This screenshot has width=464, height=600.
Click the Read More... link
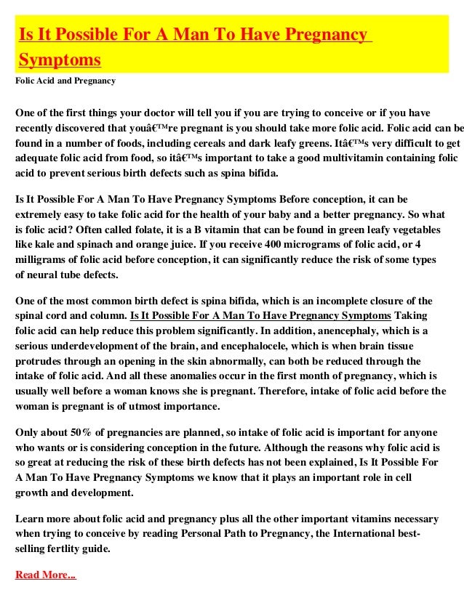[x=45, y=575]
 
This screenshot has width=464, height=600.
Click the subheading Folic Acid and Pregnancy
[x=65, y=81]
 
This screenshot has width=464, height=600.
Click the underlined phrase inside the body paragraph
[x=260, y=315]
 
